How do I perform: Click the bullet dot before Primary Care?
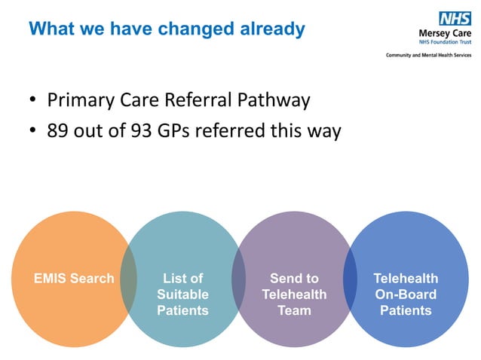[x=32, y=100]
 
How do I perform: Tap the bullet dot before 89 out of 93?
[x=32, y=131]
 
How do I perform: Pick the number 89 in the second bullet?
[x=57, y=131]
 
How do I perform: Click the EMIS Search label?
[x=74, y=279]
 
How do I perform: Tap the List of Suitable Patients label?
[x=182, y=294]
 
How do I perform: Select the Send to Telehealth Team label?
[x=294, y=294]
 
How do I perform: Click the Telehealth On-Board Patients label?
[x=406, y=294]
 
